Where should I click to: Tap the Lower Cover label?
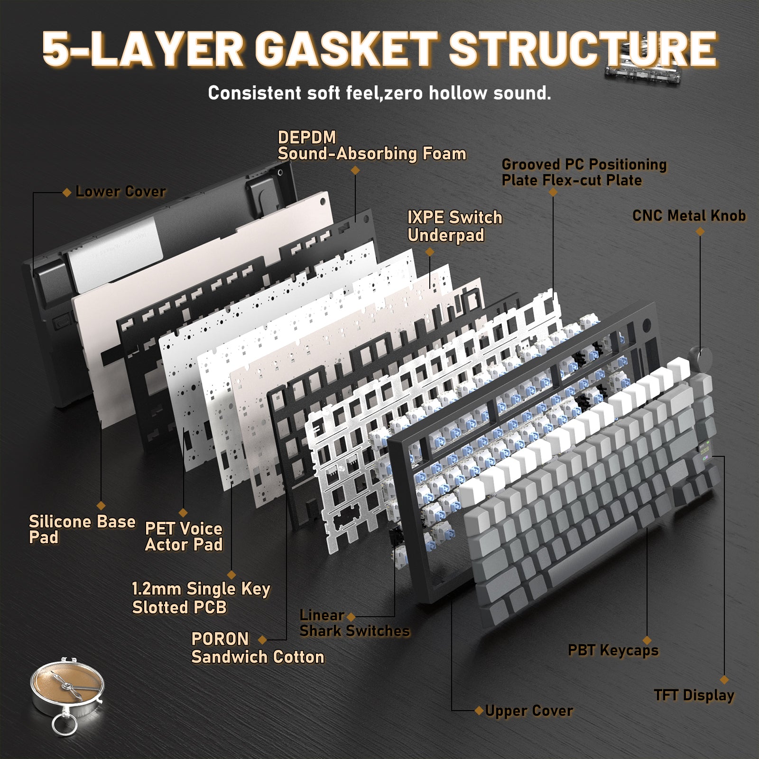120,192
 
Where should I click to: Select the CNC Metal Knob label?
689,216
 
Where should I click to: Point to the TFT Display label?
694,695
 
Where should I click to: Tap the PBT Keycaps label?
613,650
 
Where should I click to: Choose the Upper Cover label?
529,711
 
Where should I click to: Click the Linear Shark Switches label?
354,623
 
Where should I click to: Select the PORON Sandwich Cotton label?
258,648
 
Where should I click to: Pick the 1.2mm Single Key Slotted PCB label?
201,598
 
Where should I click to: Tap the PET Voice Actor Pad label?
184,537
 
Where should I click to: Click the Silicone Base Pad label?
82,529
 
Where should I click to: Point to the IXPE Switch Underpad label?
454,226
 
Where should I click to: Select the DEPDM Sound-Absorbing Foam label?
371,146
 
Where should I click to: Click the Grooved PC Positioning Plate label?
584,172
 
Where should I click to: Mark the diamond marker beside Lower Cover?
67,192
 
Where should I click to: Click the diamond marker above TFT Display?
724,679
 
